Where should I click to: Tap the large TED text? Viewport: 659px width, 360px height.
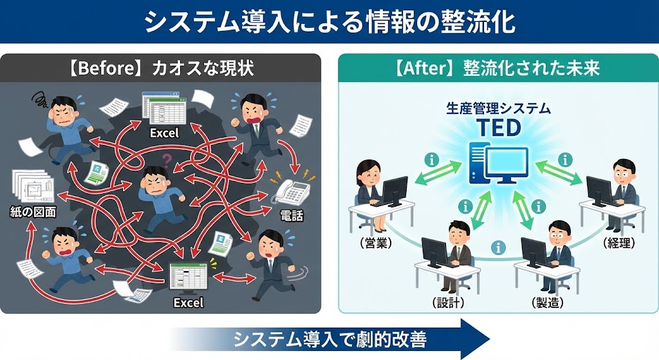(499, 128)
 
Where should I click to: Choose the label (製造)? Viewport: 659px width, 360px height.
(548, 302)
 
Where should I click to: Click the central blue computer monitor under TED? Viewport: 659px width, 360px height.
(506, 163)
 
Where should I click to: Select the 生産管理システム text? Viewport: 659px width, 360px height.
(499, 108)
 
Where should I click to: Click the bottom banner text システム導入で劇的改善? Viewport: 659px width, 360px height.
(329, 338)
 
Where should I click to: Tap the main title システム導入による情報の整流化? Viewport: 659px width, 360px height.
(329, 22)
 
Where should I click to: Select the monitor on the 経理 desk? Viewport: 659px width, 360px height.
(600, 191)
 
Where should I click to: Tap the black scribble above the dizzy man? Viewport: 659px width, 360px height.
(40, 99)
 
